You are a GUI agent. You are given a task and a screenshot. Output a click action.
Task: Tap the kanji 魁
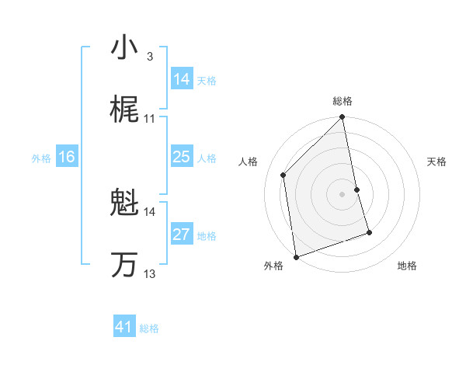pos(124,203)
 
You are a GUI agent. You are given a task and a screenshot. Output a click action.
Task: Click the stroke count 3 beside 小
pos(149,57)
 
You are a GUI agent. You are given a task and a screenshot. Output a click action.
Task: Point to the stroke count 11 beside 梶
pos(150,118)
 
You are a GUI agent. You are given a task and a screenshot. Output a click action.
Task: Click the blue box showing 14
pos(182,79)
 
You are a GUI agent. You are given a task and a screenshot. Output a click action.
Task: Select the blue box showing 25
pos(182,157)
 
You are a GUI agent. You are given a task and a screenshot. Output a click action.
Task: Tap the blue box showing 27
pos(182,235)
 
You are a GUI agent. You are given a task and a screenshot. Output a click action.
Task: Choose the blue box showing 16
pos(67,157)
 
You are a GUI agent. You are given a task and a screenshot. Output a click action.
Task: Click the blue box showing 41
pos(124,327)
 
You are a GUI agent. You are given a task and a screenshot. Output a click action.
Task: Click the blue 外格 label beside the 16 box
pos(41,158)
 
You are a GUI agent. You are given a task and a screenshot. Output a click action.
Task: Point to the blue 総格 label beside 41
pos(149,328)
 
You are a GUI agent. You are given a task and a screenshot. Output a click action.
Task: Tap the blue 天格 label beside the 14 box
pos(207,80)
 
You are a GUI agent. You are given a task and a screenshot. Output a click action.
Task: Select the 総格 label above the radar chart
pos(343,101)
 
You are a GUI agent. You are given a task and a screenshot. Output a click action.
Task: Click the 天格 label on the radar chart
pos(437,162)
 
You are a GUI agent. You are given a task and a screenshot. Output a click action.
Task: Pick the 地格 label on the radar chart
pos(407,266)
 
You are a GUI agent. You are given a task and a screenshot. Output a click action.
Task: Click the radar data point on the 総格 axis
pos(343,118)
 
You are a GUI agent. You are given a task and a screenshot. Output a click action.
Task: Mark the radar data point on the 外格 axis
pos(296,257)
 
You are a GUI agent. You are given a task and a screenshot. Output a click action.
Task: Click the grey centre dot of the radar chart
pos(343,193)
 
